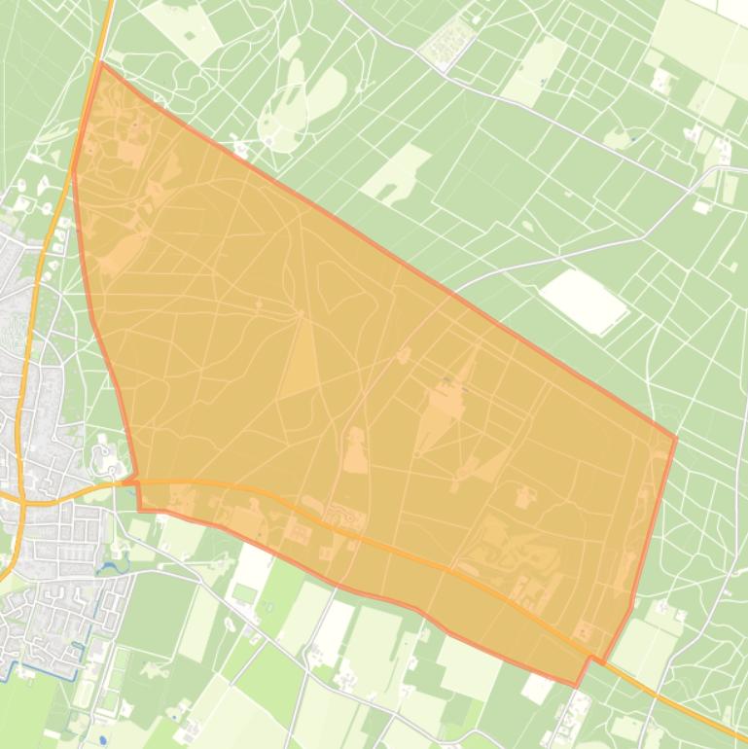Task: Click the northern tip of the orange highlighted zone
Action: (x=101, y=63)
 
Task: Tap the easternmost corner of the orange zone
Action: (x=675, y=439)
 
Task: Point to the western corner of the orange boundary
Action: (x=73, y=170)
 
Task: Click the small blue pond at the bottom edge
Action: (x=102, y=739)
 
